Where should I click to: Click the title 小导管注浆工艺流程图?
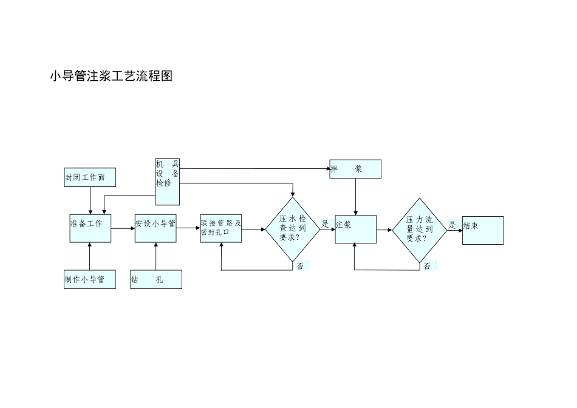pos(111,76)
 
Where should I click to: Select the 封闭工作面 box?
pos(90,177)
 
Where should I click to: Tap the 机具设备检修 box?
pos(168,182)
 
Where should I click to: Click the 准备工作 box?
pos(90,228)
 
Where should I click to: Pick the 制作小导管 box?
pos(90,279)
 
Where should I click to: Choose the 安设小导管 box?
pos(155,228)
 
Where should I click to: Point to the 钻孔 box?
pos(156,279)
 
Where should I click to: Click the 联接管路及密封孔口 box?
pos(221,228)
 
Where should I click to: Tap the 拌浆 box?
pos(355,169)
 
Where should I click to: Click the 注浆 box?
pos(355,229)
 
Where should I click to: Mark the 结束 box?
pos(483,230)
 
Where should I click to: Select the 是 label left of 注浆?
pos(325,224)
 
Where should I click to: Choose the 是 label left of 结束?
pos(452,225)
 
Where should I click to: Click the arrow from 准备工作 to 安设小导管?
pos(123,229)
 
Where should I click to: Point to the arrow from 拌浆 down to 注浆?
pos(355,197)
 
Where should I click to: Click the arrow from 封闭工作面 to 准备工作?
pos(90,200)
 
